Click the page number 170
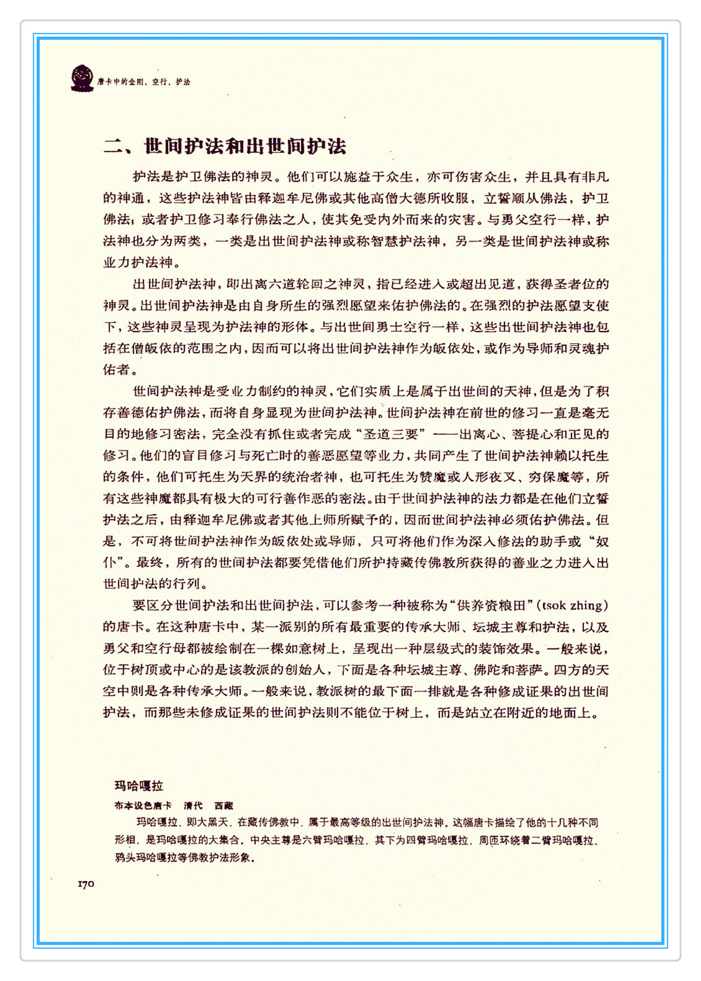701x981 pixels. point(86,884)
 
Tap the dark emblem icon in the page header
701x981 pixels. point(82,79)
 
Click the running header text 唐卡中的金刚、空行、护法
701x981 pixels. point(144,82)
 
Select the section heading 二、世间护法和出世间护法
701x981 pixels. point(225,146)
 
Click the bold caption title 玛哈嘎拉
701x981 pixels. point(139,786)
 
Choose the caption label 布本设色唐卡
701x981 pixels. point(143,806)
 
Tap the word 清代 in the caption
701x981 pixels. point(193,806)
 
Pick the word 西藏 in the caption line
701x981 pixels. point(224,806)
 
